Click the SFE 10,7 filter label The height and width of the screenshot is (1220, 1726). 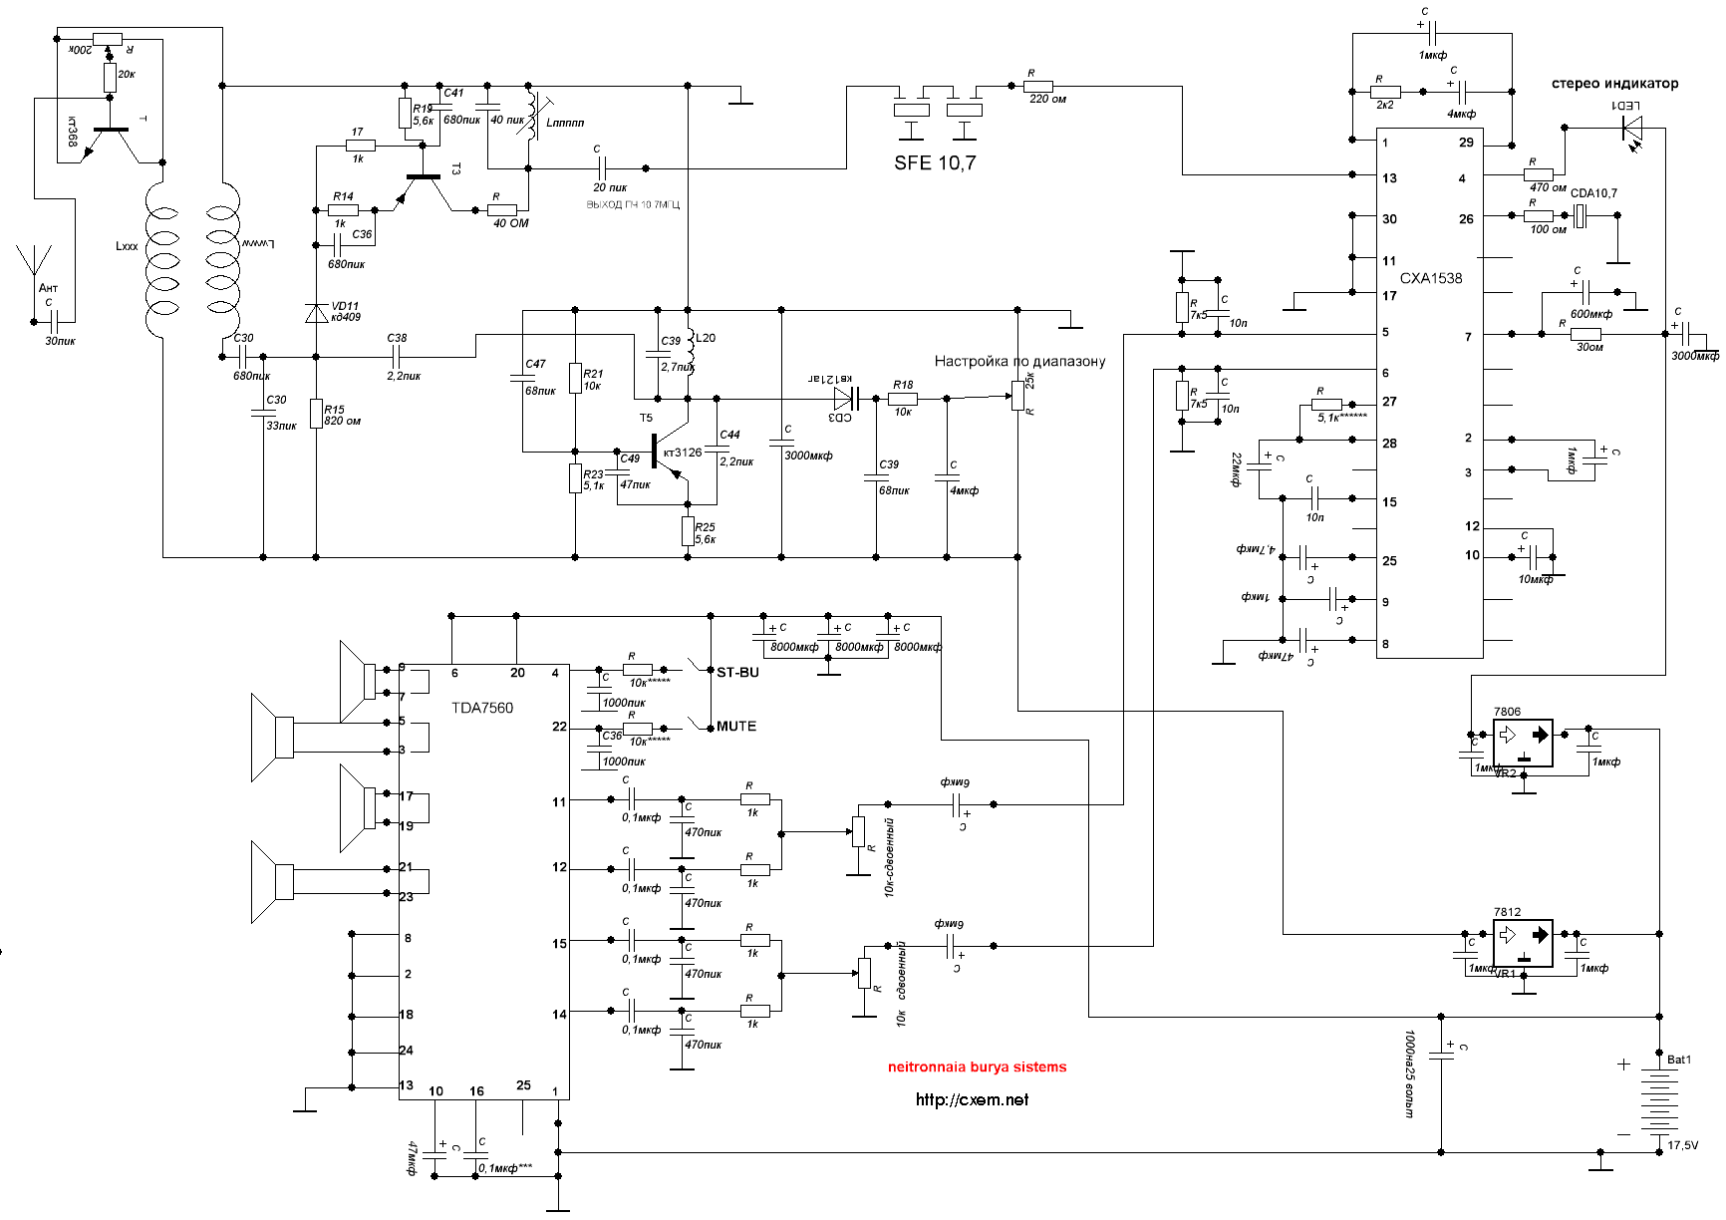[x=935, y=162]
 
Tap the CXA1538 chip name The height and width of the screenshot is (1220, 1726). [x=1431, y=278]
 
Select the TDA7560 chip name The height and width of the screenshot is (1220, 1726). [x=482, y=708]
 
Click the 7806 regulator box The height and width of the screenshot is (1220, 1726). [x=1523, y=744]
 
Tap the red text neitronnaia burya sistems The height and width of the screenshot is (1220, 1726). [x=977, y=1067]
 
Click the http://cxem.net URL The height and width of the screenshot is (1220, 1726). [x=972, y=1099]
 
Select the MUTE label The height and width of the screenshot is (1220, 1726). [x=736, y=727]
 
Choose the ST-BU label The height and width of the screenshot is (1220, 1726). [x=737, y=673]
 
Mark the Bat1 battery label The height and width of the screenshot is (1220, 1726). [x=1679, y=1060]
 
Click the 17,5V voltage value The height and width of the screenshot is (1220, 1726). [x=1682, y=1145]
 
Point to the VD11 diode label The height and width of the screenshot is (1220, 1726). [x=346, y=306]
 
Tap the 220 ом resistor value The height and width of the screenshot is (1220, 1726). [x=1047, y=100]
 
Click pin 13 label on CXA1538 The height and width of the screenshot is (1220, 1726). [x=1389, y=178]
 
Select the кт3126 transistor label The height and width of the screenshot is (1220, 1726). [x=682, y=453]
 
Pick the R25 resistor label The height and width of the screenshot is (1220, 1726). [x=705, y=527]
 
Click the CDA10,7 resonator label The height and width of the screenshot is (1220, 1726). [x=1593, y=193]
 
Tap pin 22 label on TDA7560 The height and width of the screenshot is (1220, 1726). [x=559, y=727]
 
